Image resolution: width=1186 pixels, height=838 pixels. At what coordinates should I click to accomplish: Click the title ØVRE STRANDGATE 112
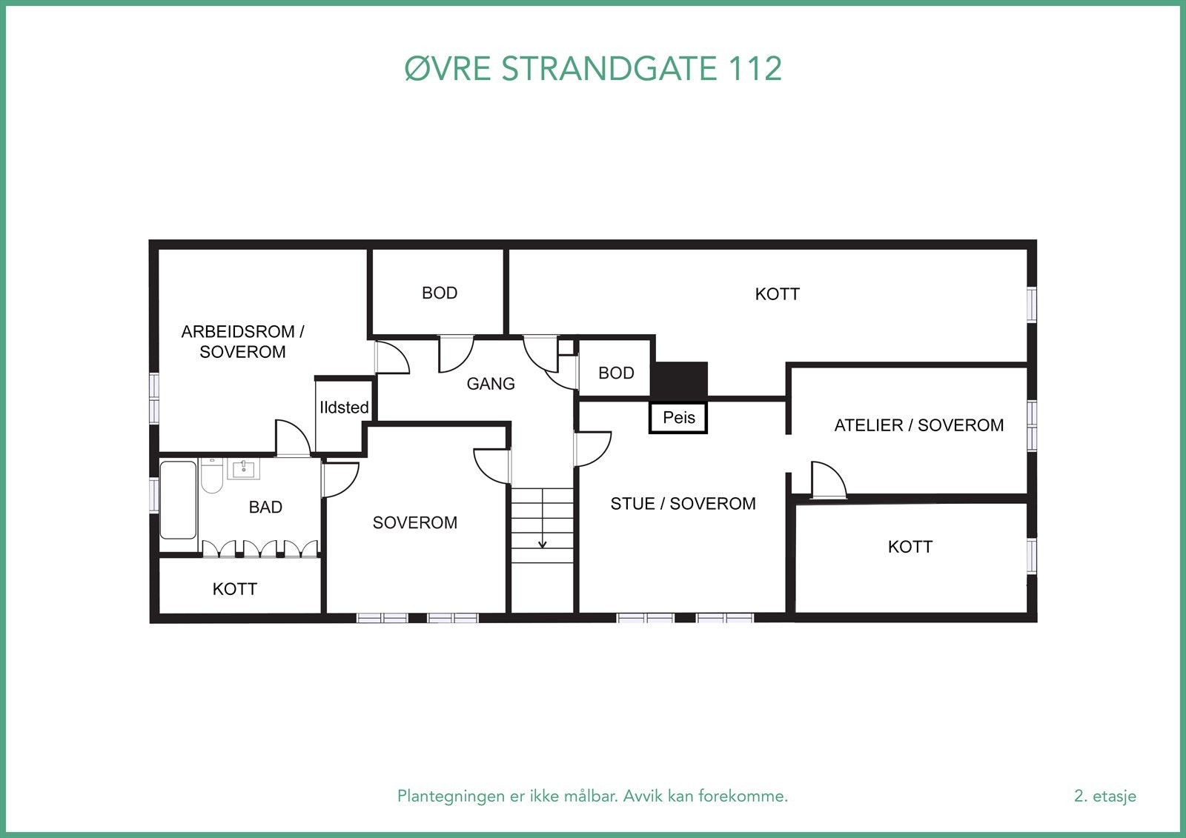(x=593, y=69)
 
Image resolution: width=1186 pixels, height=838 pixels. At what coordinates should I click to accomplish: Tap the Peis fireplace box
(x=678, y=417)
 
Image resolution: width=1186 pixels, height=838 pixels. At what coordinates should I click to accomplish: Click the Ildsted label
(x=344, y=408)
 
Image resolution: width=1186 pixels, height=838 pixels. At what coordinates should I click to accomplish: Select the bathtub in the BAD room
(x=179, y=500)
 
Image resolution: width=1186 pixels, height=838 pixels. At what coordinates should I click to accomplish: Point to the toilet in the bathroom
(x=212, y=476)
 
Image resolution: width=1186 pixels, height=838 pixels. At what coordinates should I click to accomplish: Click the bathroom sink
(x=243, y=469)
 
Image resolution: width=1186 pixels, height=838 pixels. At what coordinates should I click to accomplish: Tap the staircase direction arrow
(x=543, y=544)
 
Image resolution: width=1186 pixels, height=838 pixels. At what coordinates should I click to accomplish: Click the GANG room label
(x=490, y=384)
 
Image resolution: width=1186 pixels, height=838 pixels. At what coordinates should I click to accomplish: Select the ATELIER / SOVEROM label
(x=918, y=425)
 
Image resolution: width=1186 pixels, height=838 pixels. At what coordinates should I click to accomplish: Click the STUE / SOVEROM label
(x=683, y=504)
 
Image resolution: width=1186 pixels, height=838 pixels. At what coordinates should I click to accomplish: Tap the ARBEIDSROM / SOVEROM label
(x=242, y=342)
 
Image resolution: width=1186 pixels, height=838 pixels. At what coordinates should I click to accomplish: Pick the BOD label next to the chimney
(x=616, y=373)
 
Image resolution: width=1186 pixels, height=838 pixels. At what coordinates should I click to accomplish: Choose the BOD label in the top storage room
(x=440, y=293)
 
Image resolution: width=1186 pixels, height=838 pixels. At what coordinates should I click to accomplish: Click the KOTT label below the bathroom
(x=234, y=589)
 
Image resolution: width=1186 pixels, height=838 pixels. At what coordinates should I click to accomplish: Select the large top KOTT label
(x=777, y=294)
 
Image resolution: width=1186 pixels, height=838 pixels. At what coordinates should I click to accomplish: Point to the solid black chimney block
(x=679, y=379)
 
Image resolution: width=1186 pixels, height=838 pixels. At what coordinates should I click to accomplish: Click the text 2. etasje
(x=1104, y=796)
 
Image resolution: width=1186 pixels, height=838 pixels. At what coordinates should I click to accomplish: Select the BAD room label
(x=265, y=508)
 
